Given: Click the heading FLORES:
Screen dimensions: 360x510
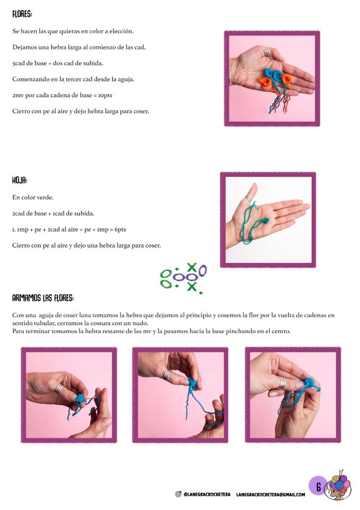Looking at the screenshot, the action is [22, 14].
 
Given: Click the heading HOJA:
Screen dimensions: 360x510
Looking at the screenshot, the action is [20, 180].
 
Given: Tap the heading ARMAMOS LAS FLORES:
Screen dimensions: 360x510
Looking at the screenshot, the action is [43, 298].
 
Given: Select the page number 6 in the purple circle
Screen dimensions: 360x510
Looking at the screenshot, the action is [319, 487].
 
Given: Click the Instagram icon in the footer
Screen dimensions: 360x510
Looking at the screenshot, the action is [178, 494].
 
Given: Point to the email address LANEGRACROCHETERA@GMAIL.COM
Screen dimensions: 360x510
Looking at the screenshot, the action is [271, 495].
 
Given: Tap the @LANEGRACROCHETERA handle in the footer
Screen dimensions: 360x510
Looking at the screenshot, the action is [207, 495].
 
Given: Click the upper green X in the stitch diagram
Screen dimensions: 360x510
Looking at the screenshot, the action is [192, 267].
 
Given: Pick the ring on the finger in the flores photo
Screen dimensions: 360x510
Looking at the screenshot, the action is [267, 52].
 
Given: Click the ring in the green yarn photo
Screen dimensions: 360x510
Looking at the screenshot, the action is [248, 198].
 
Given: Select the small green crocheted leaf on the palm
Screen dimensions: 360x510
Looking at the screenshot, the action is [265, 221].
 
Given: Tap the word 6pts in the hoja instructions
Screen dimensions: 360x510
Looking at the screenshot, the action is [120, 229].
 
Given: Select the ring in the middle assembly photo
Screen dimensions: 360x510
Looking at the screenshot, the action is [167, 375].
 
